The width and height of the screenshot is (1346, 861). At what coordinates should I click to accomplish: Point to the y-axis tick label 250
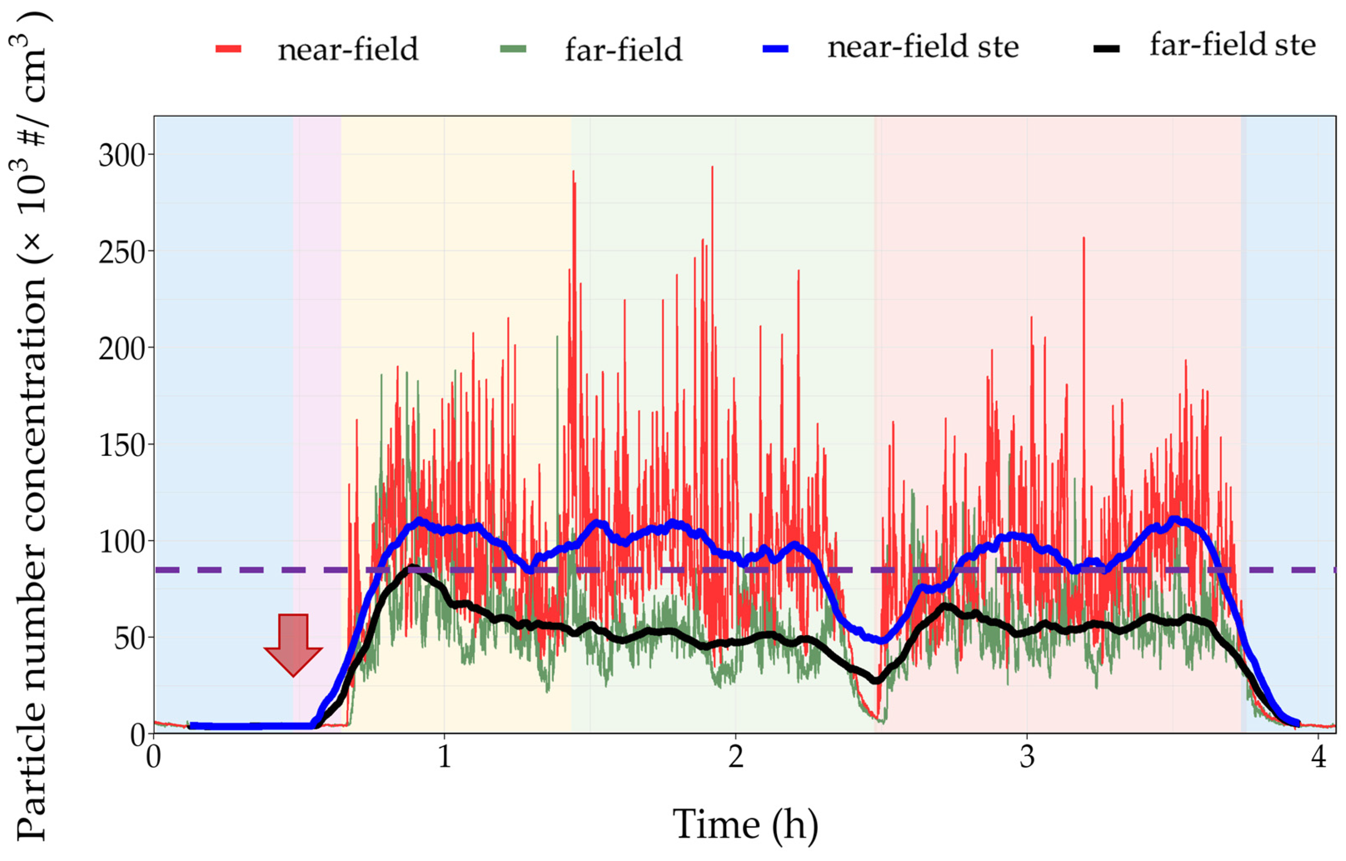click(122, 253)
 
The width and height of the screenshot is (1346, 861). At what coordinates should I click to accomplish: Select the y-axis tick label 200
click(122, 349)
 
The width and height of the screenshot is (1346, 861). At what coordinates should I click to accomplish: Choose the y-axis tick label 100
click(122, 542)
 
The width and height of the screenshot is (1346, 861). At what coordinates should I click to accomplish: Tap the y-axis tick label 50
click(130, 639)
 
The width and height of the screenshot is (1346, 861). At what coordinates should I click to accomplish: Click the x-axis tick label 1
click(444, 758)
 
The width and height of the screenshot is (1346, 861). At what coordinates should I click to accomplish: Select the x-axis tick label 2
click(736, 758)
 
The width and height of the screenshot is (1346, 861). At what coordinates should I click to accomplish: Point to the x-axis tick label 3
click(1027, 758)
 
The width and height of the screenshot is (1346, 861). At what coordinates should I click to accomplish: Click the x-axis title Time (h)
click(745, 824)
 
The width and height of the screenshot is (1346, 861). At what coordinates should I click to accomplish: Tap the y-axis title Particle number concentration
click(32, 430)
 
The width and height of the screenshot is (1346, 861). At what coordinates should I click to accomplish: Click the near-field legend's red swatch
click(228, 49)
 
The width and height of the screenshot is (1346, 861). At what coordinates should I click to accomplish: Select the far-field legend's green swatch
click(513, 49)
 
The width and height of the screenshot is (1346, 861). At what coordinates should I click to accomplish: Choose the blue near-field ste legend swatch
click(775, 49)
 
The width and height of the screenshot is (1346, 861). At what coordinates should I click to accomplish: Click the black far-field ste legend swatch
click(1107, 49)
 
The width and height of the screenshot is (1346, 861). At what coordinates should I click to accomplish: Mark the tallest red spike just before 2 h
click(712, 168)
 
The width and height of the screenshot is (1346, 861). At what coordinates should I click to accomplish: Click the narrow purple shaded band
click(317, 391)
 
